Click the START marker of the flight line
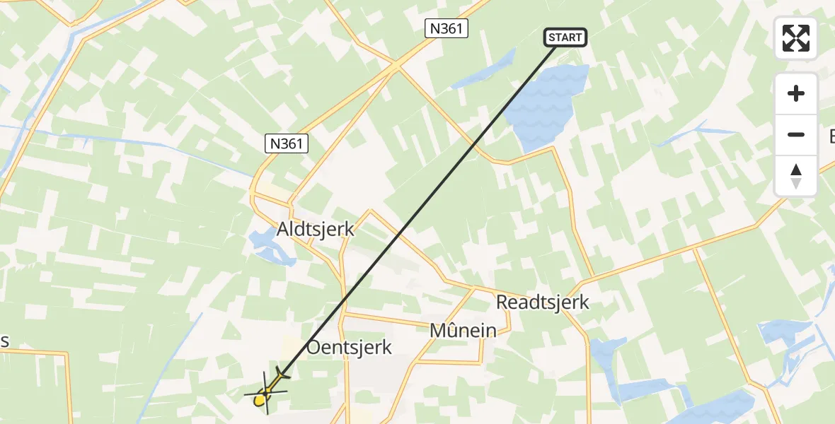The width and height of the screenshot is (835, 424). click(565, 37)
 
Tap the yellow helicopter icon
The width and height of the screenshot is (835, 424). click(265, 396)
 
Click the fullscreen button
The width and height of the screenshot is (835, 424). click(796, 38)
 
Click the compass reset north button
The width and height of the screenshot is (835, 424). click(796, 176)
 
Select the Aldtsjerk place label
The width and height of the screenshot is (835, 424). click(316, 230)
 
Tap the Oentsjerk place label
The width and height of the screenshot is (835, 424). click(349, 347)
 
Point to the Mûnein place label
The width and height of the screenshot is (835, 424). click(463, 330)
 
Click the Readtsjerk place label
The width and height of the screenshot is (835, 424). click(543, 302)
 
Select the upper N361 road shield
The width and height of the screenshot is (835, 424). click(447, 28)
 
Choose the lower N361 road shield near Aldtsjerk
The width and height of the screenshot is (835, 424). click(287, 144)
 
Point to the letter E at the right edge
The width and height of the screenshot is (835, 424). click(831, 136)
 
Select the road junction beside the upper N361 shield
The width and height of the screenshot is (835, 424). click(396, 65)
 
